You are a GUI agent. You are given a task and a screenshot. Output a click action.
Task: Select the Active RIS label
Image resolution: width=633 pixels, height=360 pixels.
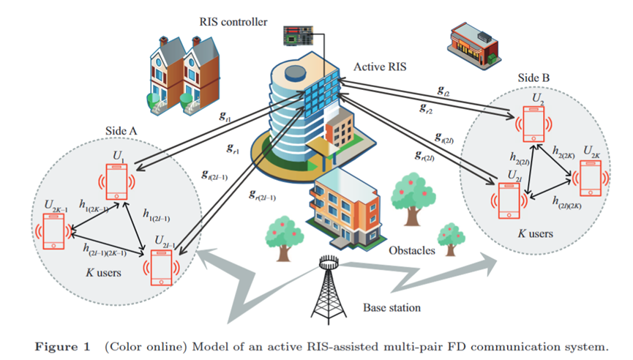point(379,67)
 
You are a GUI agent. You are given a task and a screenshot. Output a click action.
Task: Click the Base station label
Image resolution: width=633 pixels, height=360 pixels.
point(392,307)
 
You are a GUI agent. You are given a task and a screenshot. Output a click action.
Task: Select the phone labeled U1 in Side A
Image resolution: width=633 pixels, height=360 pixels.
point(116,181)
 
